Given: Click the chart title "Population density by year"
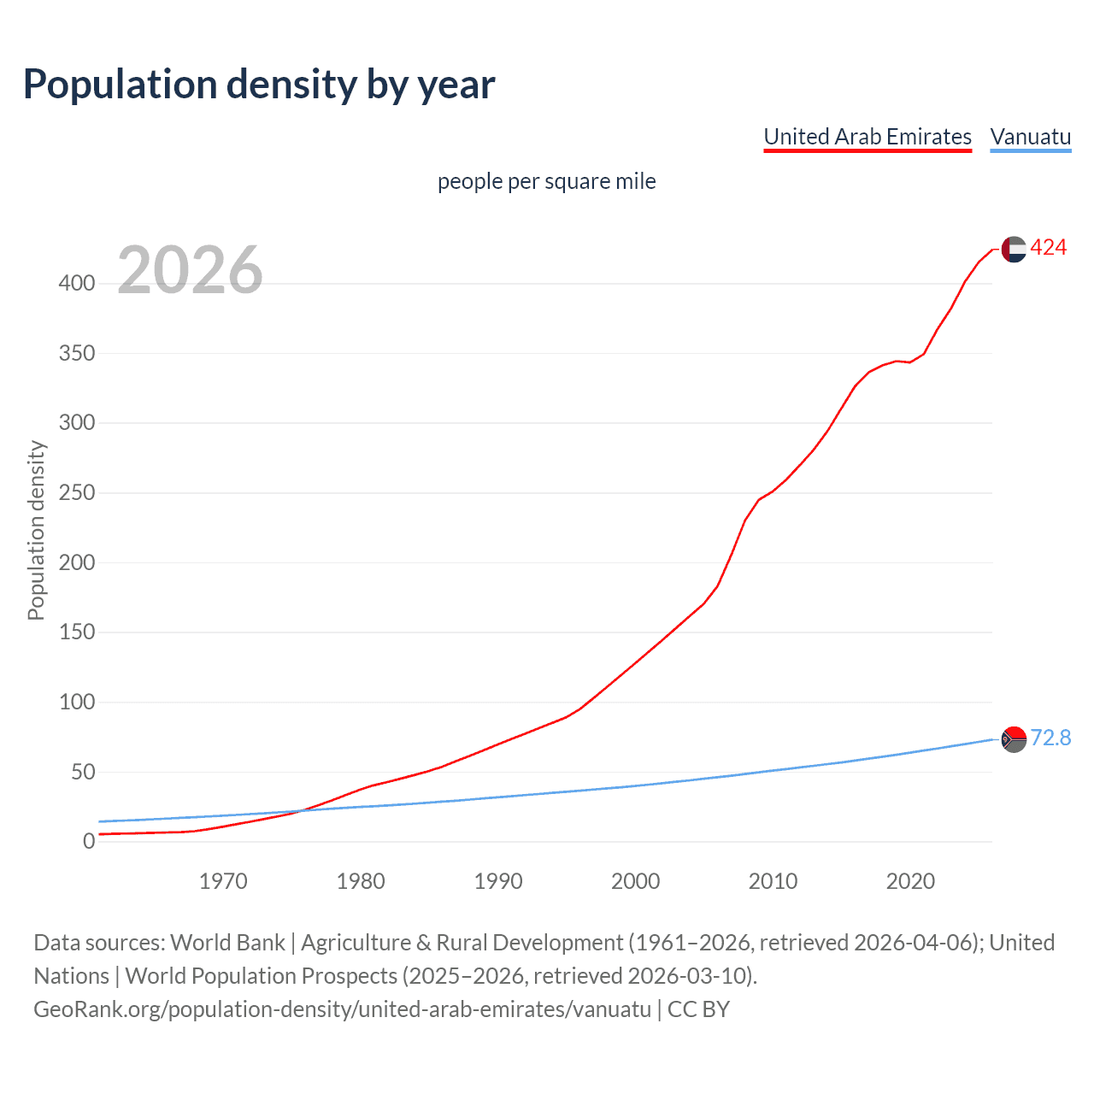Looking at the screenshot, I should [259, 85].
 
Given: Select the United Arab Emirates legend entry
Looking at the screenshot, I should [868, 138].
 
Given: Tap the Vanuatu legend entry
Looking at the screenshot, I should [1030, 138].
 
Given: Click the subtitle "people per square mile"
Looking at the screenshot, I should [546, 182].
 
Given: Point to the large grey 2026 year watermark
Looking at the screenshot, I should [190, 270].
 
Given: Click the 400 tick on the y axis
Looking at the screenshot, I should [77, 284].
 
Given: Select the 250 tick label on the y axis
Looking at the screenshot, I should [77, 493].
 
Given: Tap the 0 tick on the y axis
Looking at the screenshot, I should [89, 842].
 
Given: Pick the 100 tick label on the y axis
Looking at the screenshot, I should [77, 703].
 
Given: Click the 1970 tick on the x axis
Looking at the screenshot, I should [223, 881].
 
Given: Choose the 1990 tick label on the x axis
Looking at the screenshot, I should [498, 881].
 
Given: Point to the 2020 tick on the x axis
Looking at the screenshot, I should [910, 881].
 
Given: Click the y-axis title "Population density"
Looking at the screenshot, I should [36, 530].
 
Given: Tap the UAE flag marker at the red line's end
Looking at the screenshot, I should [1014, 249].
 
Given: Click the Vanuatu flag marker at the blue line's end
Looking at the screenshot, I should [1014, 738].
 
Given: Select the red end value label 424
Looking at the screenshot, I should [1049, 248].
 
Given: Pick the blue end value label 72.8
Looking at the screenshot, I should [1050, 738].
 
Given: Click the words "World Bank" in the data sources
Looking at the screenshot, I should [227, 943].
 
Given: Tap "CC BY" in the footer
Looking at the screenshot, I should [698, 1009].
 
